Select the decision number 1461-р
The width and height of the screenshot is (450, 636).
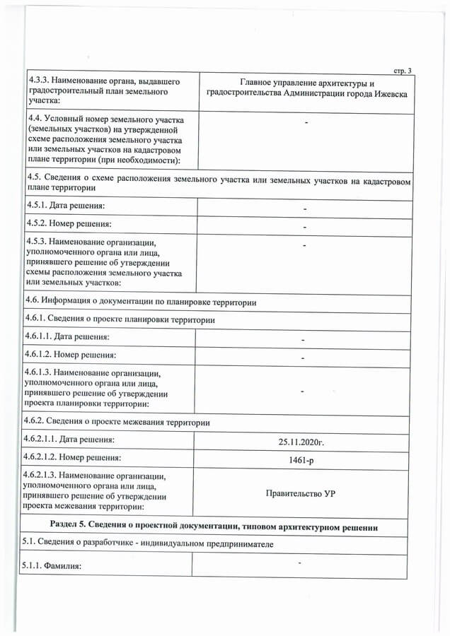click(x=301, y=460)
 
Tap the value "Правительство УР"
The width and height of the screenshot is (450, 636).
click(x=301, y=493)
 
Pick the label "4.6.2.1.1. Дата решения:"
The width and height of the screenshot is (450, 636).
click(x=72, y=440)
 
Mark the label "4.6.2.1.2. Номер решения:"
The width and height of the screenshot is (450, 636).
click(x=75, y=457)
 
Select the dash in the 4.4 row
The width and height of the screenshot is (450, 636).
click(x=306, y=124)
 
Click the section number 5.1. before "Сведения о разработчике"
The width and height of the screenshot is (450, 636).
click(x=33, y=544)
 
